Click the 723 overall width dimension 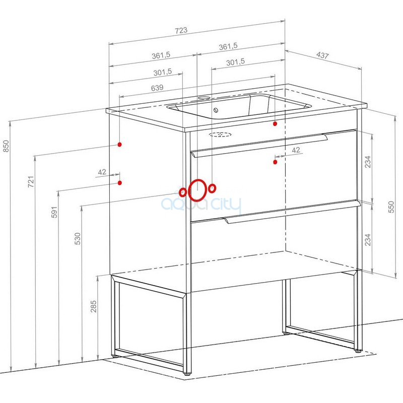point(181,30)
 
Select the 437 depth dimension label point(322,55)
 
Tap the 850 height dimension point(6,146)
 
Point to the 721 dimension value point(31,181)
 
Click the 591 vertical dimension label point(54,212)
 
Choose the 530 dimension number point(78,238)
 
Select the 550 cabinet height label point(391,207)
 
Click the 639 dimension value point(157,88)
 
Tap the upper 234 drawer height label point(368,162)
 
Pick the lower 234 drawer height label point(368,240)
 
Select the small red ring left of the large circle point(183,192)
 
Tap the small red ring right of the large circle point(212,188)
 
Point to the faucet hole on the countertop point(204,98)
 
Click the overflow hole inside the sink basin point(216,110)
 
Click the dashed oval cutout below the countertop point(220,134)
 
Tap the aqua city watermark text point(201,205)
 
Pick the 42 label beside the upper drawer point(296,150)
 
